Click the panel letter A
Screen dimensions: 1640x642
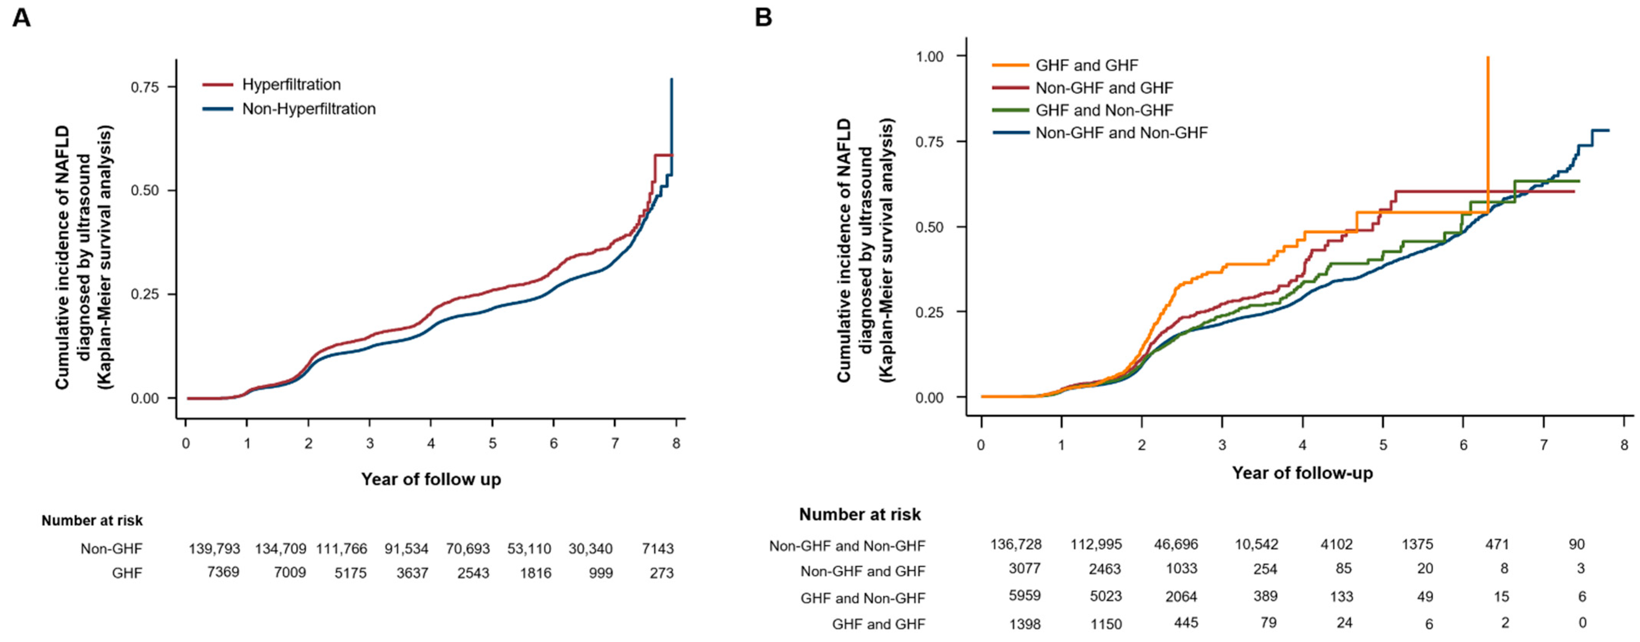(22, 17)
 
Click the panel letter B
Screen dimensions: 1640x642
(763, 17)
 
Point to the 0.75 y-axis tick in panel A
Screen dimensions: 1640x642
(145, 86)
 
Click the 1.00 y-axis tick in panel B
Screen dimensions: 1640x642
(929, 56)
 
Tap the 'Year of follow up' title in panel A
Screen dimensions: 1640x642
(431, 479)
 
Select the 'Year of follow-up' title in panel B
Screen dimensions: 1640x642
(1302, 473)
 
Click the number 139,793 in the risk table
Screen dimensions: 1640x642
(215, 549)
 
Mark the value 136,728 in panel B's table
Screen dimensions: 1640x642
(1016, 545)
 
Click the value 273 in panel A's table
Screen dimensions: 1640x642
(661, 573)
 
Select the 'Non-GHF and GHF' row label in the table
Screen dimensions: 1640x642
(862, 571)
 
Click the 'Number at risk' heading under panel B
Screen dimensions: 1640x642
(859, 514)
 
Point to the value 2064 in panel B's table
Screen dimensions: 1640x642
(1180, 597)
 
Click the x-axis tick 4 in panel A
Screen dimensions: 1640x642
(431, 443)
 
